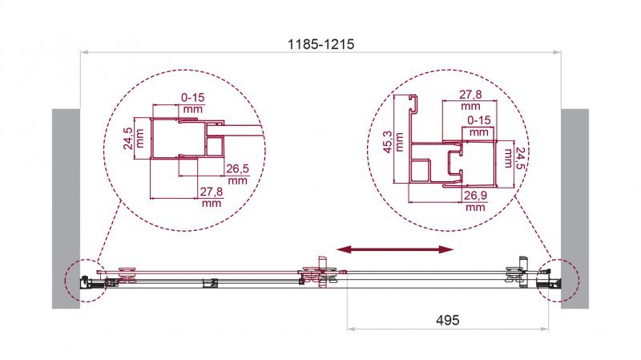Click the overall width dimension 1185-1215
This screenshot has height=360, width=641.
(x=320, y=45)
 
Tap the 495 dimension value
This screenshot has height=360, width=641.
(x=447, y=319)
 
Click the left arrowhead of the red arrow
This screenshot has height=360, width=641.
(x=343, y=251)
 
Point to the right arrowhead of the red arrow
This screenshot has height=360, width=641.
(x=445, y=251)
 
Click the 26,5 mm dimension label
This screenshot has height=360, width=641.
(x=238, y=173)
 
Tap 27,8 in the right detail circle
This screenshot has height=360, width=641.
(x=470, y=99)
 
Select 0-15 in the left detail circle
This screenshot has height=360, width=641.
(x=193, y=103)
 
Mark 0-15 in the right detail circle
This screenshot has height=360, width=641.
(x=478, y=125)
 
